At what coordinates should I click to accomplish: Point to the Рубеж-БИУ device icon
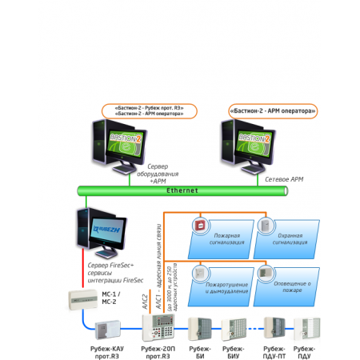click(x=234, y=329)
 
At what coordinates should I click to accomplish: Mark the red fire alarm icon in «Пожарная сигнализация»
click(x=197, y=226)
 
